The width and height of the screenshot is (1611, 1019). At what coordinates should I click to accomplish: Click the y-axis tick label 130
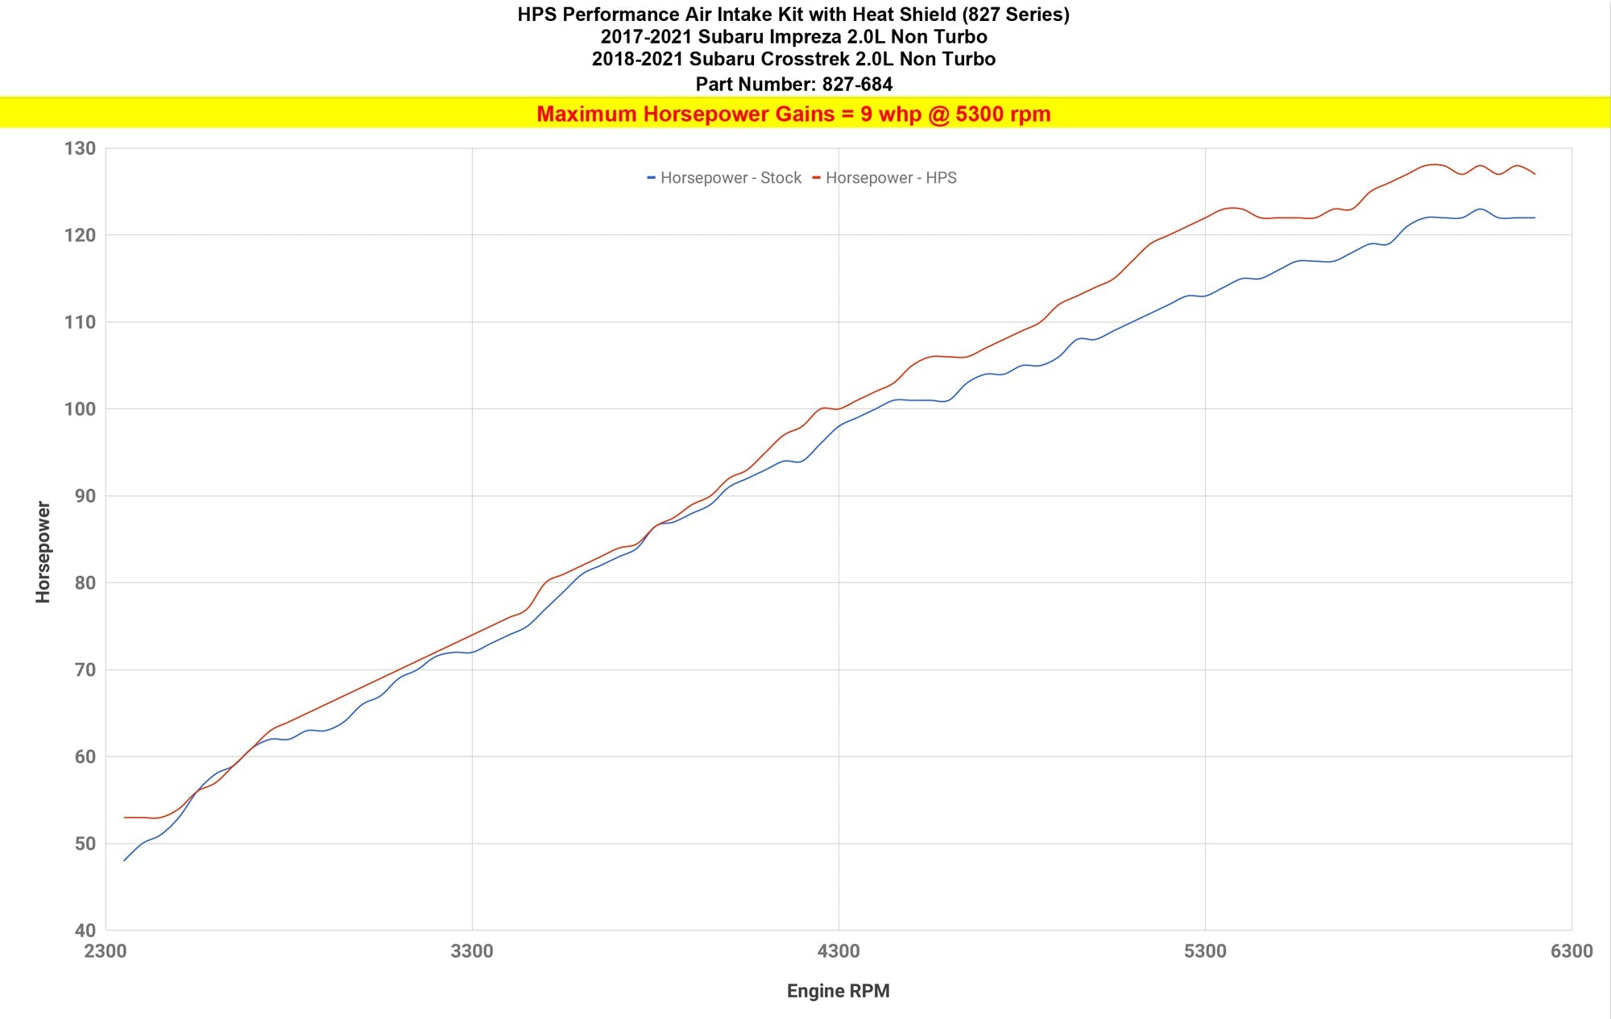pos(80,148)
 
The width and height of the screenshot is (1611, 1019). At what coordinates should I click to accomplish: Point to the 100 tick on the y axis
pos(80,409)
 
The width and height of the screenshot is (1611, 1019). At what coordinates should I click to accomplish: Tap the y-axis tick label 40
pos(85,930)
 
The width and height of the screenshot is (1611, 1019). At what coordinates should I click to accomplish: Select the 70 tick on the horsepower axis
pos(85,670)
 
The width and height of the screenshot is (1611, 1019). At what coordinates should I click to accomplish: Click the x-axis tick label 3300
pos(472,951)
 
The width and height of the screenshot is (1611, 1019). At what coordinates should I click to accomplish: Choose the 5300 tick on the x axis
pos(1205,951)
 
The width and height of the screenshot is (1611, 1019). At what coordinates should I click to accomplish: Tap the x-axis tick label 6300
pos(1572,951)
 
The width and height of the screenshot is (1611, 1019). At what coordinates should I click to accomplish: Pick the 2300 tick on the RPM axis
pos(106,951)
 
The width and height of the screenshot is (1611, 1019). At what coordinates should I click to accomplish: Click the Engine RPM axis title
pos(838,991)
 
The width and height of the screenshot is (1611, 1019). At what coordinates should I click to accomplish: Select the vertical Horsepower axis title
pos(43,552)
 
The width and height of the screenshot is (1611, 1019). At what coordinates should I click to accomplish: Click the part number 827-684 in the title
pos(857,84)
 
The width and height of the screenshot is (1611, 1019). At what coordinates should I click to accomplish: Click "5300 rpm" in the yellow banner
pos(1003,114)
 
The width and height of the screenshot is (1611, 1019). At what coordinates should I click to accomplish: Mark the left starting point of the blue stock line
pos(125,860)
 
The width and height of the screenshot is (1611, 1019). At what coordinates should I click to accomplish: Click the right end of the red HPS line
pos(1534,174)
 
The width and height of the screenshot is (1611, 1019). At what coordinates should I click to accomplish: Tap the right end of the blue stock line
pos(1534,217)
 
